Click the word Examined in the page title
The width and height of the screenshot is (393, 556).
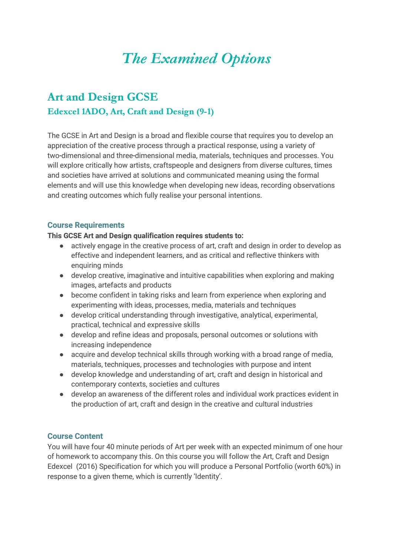coord(184,59)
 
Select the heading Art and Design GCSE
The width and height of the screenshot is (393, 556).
coord(103,97)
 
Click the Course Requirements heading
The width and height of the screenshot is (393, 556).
coord(86,225)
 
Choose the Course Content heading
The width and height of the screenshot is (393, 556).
coord(75,436)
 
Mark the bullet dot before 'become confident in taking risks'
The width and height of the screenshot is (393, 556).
coord(62,296)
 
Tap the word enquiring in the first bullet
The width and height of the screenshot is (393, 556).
coord(86,266)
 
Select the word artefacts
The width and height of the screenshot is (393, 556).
coord(112,285)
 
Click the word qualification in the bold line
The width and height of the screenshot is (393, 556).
coord(153,236)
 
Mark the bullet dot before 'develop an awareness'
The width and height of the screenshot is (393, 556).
coord(62,395)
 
